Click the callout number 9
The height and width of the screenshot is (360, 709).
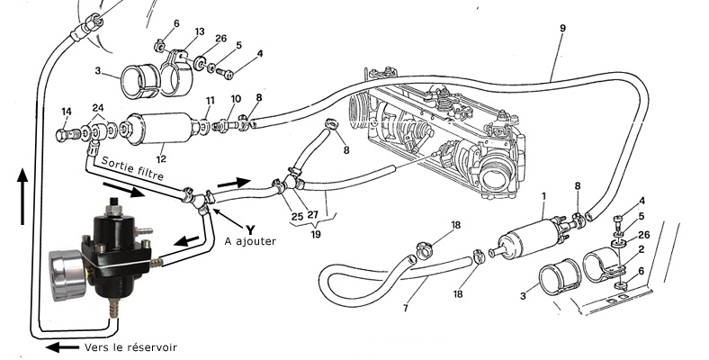coord(561,29)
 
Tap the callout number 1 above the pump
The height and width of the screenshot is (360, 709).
coord(543,195)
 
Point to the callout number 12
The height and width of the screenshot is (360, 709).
coord(158,158)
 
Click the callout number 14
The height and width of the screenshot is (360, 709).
coord(66,112)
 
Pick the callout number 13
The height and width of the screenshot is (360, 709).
coord(199,32)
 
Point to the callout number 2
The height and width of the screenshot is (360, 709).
coord(640,248)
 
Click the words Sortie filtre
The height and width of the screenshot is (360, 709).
coord(132,167)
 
